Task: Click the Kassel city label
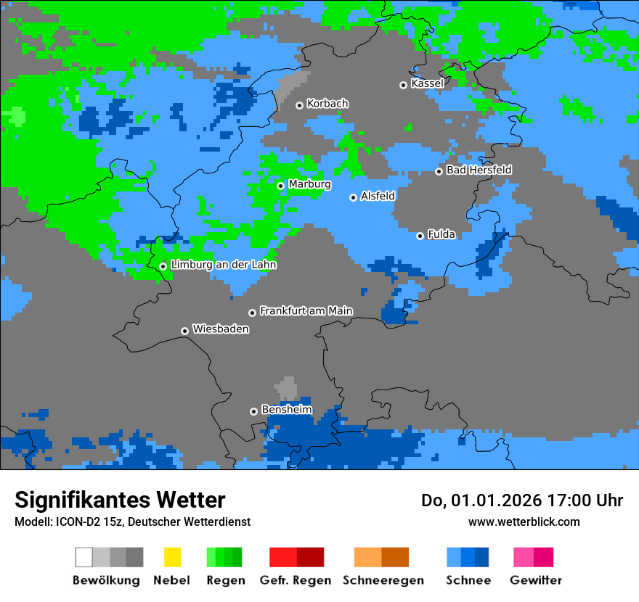427,83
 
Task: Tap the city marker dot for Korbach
299,105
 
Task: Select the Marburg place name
309,184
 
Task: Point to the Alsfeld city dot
353,197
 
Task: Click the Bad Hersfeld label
479,170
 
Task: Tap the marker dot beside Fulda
420,236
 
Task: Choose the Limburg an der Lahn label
223,265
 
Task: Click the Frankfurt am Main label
306,311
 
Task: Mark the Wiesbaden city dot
184,331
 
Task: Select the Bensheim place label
287,410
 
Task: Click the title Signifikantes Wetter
120,500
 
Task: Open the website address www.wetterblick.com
524,521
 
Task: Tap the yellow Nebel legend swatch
172,557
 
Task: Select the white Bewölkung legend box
84,557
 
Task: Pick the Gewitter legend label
536,580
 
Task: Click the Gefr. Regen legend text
296,580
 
